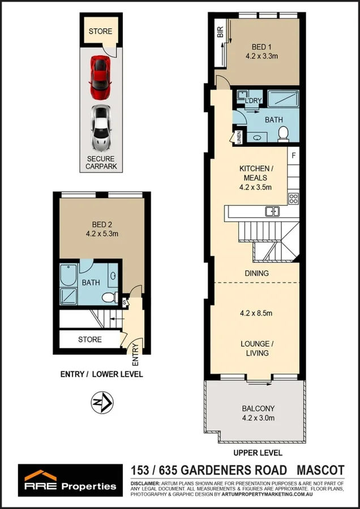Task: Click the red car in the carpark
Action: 100,77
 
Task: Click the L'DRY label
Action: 252,100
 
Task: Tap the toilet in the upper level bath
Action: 283,132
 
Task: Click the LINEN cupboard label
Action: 239,137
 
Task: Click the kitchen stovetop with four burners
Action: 294,198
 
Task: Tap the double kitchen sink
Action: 272,212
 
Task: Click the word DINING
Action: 256,273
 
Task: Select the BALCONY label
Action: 258,408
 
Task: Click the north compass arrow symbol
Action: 102,403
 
